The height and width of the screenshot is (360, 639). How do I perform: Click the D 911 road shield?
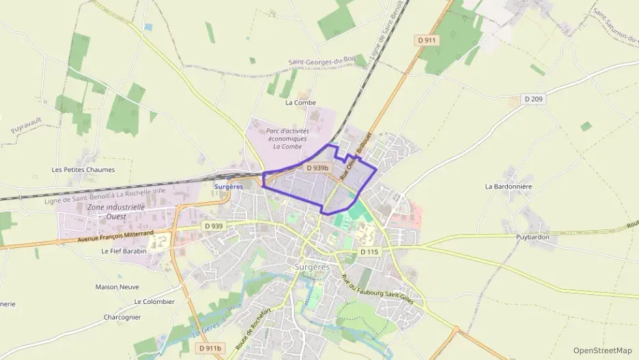click(x=428, y=40)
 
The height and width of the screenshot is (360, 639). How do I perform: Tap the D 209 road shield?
click(x=534, y=99)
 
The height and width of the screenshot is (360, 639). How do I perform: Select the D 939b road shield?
click(x=317, y=167)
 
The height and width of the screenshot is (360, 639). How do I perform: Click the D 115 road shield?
click(x=369, y=252)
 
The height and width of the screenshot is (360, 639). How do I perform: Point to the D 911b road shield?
click(x=210, y=348)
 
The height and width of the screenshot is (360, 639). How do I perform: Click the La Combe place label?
click(x=300, y=102)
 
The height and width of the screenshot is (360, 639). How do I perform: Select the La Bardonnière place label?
click(x=508, y=186)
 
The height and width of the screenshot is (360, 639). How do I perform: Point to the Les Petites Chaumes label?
click(x=83, y=169)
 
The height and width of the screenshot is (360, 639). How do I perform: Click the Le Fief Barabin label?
click(x=124, y=251)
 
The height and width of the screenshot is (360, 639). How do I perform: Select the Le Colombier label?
click(x=154, y=301)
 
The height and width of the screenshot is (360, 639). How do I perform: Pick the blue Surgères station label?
click(x=228, y=186)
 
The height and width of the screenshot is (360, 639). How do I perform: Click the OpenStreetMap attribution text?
click(x=602, y=350)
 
